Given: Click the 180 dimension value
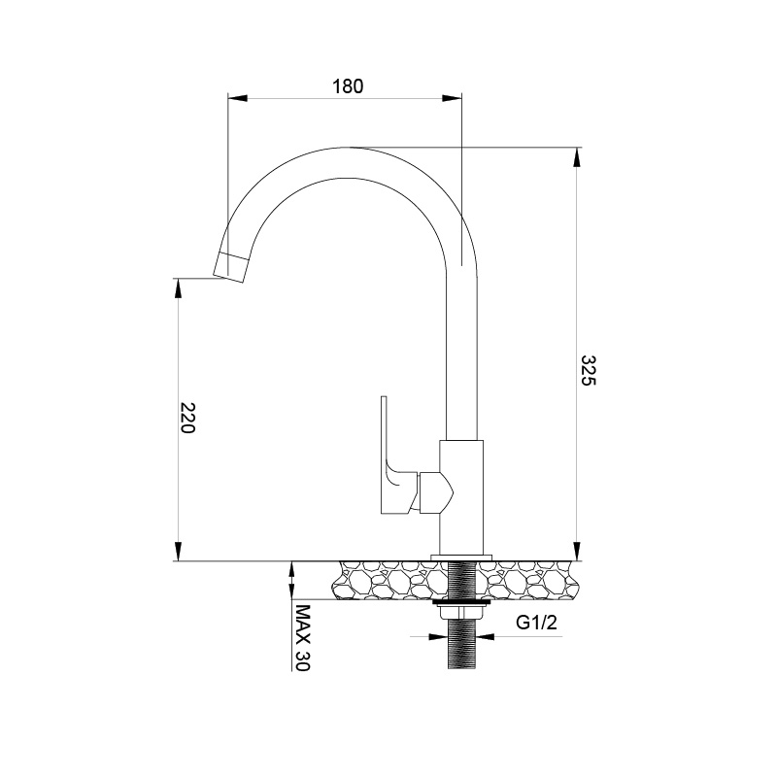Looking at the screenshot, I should (347, 85).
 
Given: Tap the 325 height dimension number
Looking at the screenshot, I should (588, 371).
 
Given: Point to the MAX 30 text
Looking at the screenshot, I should (301, 638).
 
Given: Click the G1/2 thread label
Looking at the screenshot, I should (535, 624).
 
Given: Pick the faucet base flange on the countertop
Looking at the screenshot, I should (461, 557).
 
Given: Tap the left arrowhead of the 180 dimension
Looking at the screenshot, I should (235, 97).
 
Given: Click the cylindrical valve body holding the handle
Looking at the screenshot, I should (461, 495).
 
